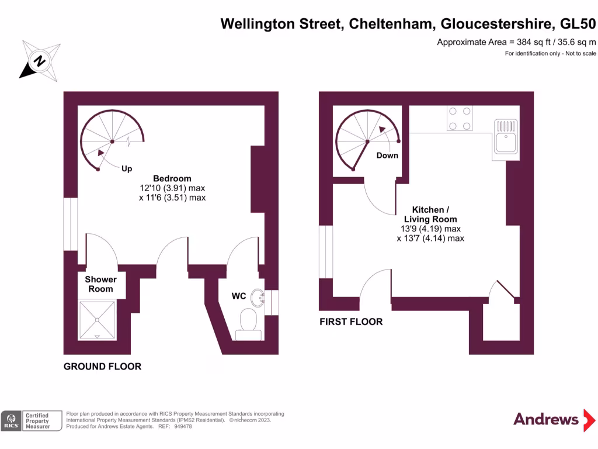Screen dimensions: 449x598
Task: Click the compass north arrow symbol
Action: (x=40, y=60)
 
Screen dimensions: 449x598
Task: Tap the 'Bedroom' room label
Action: (x=172, y=178)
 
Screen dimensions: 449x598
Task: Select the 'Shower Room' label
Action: (x=100, y=284)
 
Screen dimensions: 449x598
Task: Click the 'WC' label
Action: (x=239, y=296)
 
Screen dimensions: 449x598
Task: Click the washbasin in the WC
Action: (x=258, y=298)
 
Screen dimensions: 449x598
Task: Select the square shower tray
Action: (x=98, y=320)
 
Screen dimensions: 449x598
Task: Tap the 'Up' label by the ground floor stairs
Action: (x=127, y=168)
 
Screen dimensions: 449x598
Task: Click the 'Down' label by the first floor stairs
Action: (x=387, y=156)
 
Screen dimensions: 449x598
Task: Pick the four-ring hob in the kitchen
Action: (x=459, y=118)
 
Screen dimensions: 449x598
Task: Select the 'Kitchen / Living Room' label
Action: (x=430, y=215)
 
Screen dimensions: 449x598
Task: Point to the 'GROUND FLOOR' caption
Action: (x=103, y=367)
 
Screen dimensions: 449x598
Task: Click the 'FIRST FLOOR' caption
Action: (x=351, y=322)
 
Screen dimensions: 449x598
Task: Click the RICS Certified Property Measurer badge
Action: (x=32, y=420)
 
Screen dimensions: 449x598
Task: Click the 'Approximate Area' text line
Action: (x=516, y=42)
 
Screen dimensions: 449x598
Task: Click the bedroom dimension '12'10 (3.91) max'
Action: (x=172, y=188)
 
